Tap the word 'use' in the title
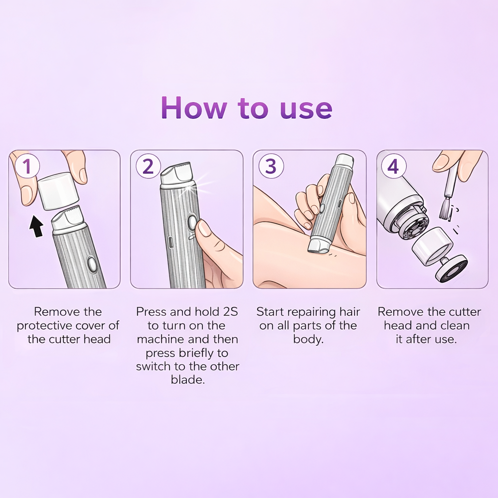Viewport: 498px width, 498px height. point(306,109)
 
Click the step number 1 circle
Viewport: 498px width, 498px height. point(27,166)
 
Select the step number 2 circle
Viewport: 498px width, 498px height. point(148,166)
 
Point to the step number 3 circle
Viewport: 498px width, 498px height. point(271,166)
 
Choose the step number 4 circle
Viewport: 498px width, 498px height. point(393,166)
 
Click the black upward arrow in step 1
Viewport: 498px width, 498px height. point(36,226)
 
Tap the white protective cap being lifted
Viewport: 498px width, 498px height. point(58,191)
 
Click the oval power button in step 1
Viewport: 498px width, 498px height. point(92,265)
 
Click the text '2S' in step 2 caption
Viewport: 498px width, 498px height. point(231,312)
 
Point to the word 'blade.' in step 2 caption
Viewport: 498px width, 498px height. point(188,379)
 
